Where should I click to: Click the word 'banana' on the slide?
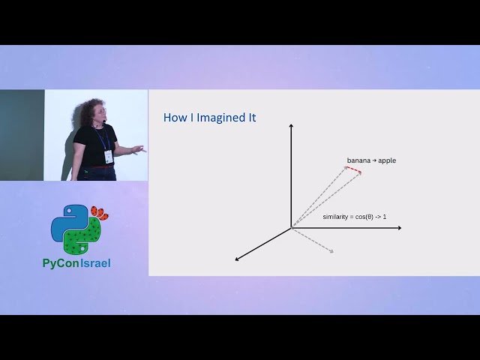358,160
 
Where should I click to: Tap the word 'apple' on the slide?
387,160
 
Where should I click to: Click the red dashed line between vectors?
353,170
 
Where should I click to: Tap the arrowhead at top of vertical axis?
291,125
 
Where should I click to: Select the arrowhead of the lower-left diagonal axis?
238,259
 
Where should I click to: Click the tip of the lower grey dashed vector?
331,250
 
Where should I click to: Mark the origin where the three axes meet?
291,227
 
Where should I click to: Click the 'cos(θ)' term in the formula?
368,217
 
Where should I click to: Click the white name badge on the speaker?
109,156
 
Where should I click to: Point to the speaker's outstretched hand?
137,150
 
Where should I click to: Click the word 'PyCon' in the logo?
61,263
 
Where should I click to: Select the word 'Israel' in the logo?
96,263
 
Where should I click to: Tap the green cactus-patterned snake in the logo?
81,238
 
